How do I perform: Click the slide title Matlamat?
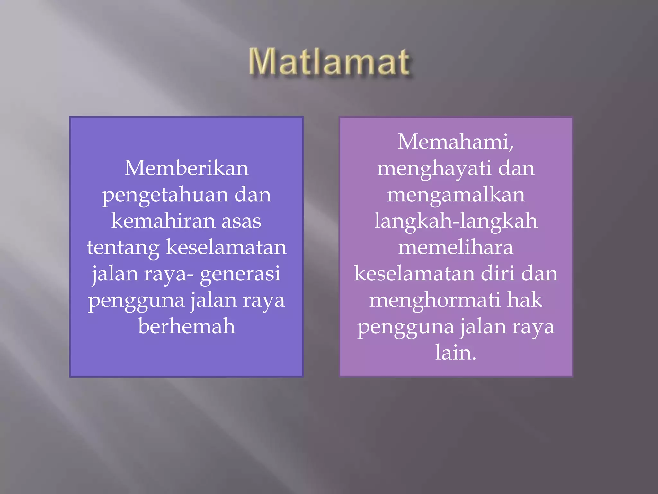(329, 62)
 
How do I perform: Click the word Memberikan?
(186, 168)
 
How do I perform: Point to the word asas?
(241, 221)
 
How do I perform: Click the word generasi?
(240, 274)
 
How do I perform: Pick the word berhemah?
(187, 326)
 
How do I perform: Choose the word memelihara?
(456, 248)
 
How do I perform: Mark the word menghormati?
(434, 300)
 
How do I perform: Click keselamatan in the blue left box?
(226, 248)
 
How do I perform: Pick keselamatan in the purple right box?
(414, 274)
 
